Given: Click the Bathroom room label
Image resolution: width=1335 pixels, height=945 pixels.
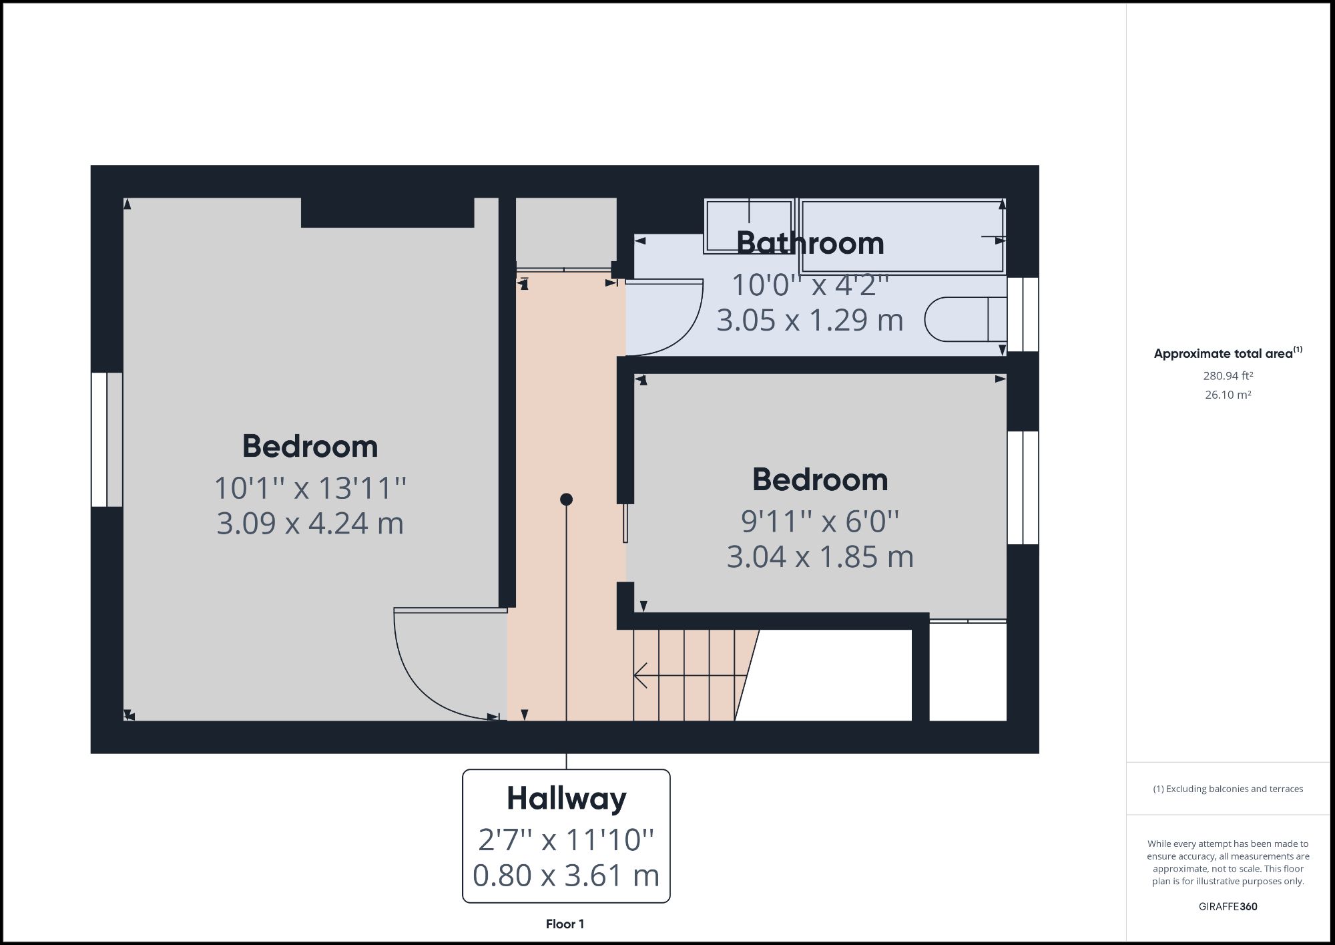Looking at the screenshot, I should (810, 243).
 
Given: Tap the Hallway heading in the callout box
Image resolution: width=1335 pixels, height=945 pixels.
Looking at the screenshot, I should (566, 799).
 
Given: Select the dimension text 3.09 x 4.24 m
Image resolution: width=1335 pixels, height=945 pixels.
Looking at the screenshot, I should (310, 523).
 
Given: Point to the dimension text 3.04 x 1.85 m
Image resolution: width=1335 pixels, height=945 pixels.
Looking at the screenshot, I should (820, 557).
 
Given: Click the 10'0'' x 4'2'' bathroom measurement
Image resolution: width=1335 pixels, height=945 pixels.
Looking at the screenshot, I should (810, 285).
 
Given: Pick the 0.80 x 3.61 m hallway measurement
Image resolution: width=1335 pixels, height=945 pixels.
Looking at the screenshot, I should (566, 876).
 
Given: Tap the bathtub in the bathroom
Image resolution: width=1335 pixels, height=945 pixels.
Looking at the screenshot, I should (902, 236).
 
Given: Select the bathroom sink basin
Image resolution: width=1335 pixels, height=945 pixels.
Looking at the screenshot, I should (748, 226).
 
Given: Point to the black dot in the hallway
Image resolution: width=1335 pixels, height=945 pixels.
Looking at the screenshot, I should (566, 500).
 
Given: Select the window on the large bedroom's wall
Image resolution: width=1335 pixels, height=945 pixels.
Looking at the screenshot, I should (107, 439).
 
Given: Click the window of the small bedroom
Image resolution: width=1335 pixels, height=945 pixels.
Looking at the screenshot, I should (1023, 488).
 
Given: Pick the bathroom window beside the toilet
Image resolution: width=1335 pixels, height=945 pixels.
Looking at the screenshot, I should (1023, 315).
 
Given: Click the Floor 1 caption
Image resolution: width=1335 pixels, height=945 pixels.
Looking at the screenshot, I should (565, 924).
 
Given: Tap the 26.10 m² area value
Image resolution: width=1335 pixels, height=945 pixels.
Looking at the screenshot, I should (1228, 395).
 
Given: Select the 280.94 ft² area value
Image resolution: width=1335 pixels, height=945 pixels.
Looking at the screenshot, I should (1228, 376).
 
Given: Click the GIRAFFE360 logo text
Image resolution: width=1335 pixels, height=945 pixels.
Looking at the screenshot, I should (1228, 906).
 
